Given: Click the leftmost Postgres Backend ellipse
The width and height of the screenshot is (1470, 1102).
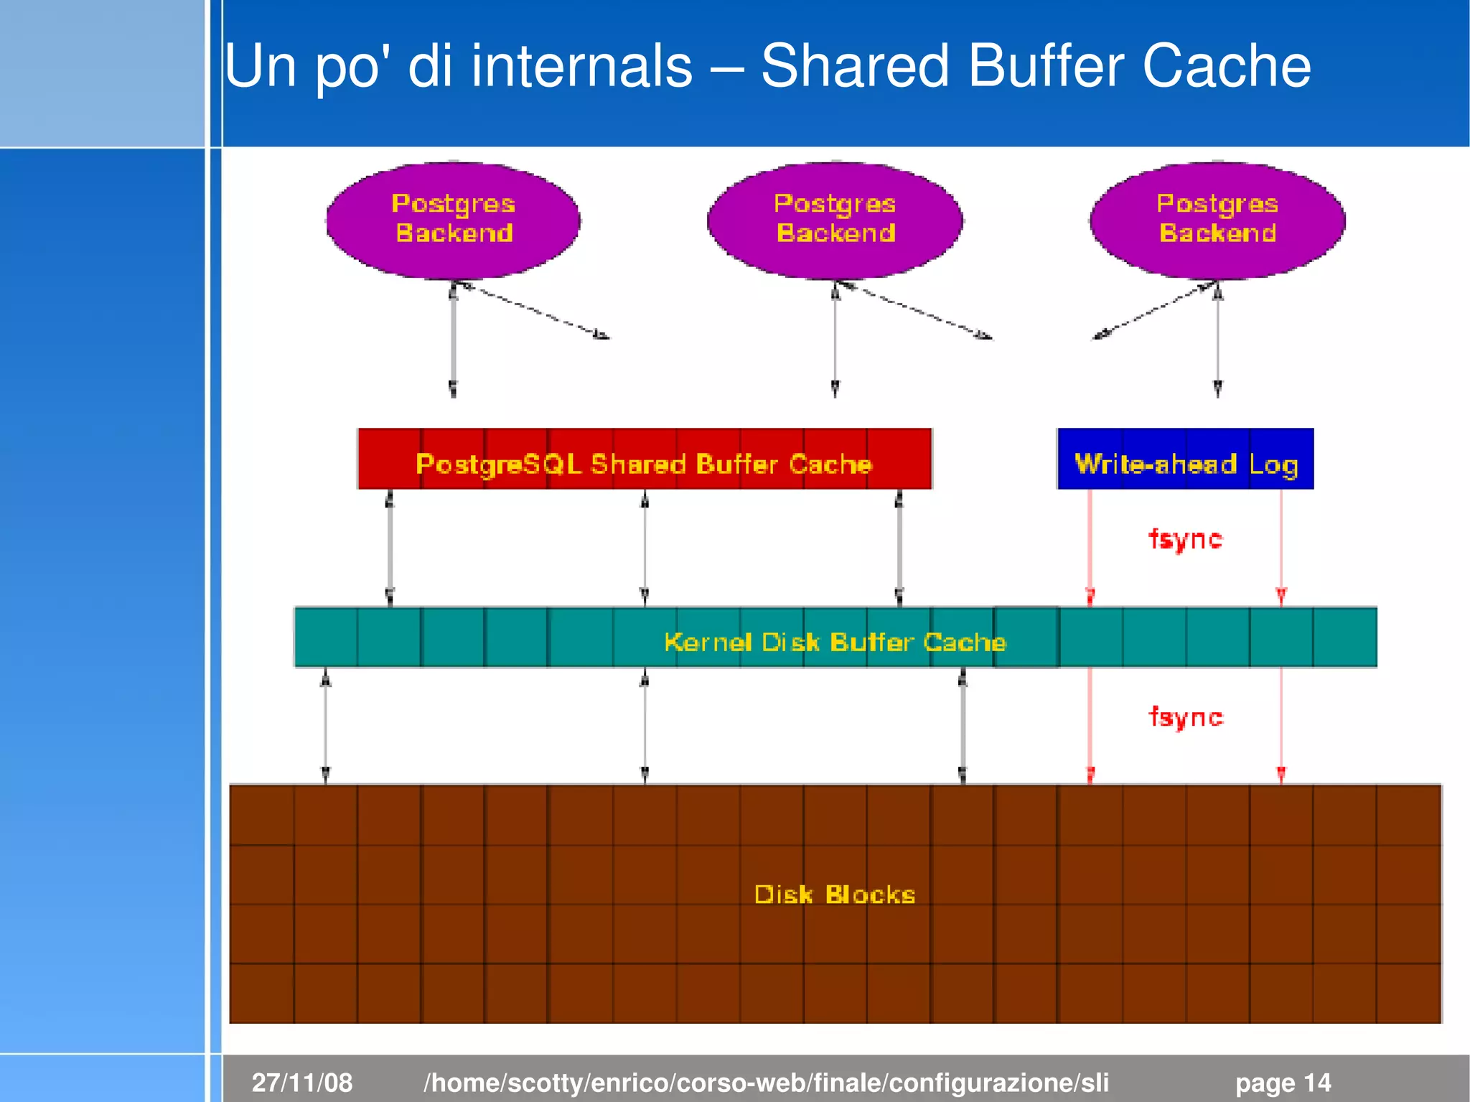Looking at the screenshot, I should (453, 220).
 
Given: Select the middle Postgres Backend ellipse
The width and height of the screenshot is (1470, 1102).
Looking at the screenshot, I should (835, 220).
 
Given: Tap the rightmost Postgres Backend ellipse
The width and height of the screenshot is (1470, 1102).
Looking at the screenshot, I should (1217, 220).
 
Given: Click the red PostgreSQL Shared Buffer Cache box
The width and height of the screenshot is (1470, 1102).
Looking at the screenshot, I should (645, 459).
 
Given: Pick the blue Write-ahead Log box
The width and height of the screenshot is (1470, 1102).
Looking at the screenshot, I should (1186, 459).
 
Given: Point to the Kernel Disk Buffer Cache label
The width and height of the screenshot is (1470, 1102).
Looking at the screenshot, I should (835, 641).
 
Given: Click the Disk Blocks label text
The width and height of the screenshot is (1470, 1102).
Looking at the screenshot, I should (835, 895).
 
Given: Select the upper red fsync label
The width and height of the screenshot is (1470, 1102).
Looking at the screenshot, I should (1185, 538).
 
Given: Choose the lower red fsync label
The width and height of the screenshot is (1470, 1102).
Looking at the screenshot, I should (1185, 716).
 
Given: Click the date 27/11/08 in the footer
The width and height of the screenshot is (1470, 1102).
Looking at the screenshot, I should (302, 1082).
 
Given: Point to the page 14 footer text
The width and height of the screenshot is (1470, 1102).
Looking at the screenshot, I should (1283, 1082).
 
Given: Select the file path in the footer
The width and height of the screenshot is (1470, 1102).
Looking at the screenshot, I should (766, 1082).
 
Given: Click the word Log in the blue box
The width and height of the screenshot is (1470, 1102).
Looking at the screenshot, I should (1273, 464).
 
